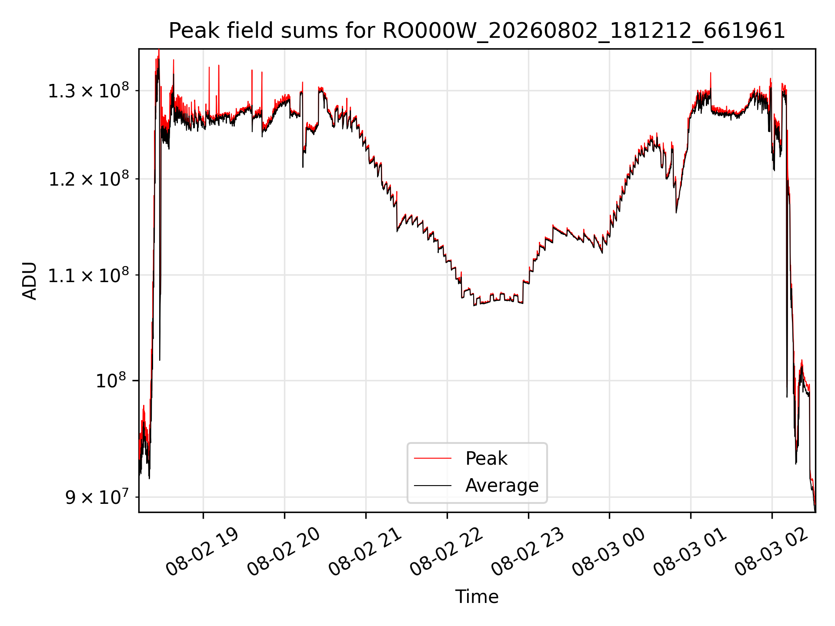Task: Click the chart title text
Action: (477, 31)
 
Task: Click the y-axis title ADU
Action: (30, 281)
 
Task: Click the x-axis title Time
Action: (477, 597)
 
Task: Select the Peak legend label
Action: (486, 458)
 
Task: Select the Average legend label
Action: (502, 485)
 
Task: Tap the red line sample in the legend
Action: (433, 458)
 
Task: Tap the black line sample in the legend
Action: (433, 485)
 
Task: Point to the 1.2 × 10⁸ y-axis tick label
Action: (88, 179)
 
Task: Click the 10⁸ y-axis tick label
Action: (110, 380)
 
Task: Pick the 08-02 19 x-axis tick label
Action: (203, 552)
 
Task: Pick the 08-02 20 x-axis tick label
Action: (284, 552)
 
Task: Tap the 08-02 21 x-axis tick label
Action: (365, 552)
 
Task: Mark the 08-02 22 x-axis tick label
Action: (447, 552)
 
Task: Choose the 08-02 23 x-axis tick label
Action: (528, 552)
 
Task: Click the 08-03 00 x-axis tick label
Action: (609, 552)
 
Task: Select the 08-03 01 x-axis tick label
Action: (690, 552)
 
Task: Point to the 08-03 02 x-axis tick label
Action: (772, 552)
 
